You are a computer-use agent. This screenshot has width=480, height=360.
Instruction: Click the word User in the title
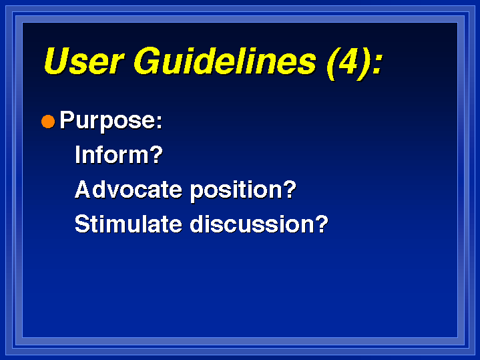[85, 61]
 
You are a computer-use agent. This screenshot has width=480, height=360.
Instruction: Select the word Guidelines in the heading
[225, 61]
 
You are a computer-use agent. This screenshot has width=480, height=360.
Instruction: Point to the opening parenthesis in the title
[332, 63]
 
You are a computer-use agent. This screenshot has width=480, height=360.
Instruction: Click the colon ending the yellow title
[377, 63]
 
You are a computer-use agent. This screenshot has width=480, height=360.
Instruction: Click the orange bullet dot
[48, 122]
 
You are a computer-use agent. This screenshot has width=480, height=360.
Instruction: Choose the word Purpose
[107, 121]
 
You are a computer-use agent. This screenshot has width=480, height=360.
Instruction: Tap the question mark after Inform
[156, 154]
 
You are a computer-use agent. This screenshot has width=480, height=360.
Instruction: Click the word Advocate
[129, 189]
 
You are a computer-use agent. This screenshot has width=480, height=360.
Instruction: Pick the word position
[236, 190]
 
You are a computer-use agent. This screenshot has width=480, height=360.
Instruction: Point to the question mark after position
[290, 189]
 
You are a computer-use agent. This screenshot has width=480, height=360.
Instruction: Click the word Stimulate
[129, 224]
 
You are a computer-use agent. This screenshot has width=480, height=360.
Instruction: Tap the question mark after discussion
[322, 223]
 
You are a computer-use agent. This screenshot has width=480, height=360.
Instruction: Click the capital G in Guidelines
[147, 61]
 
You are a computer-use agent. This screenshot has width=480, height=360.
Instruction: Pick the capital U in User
[57, 61]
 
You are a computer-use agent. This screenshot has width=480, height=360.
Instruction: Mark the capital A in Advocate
[83, 189]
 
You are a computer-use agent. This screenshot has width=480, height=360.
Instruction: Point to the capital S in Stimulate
[82, 224]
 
